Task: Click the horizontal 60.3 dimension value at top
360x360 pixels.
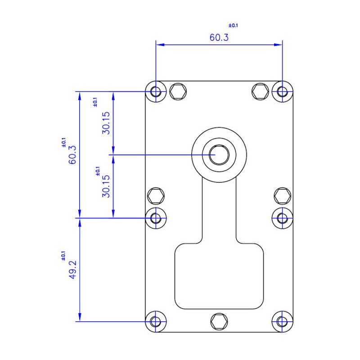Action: click(x=219, y=37)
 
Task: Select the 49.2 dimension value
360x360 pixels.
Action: click(x=73, y=270)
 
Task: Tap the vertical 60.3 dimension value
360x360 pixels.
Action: click(x=72, y=154)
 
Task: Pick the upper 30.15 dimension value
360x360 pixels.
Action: click(x=106, y=123)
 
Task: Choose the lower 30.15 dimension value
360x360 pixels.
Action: click(x=106, y=186)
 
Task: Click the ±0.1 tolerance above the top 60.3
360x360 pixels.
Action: click(x=233, y=25)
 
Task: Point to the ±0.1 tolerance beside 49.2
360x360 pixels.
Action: click(x=63, y=256)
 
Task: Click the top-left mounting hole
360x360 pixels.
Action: click(x=156, y=92)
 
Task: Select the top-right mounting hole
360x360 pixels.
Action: click(x=283, y=92)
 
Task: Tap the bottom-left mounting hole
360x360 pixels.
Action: click(x=156, y=321)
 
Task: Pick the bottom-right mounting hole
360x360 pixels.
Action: click(x=283, y=321)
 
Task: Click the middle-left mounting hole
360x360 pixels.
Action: click(x=156, y=218)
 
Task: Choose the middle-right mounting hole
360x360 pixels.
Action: click(x=283, y=218)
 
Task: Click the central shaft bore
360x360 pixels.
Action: click(x=219, y=155)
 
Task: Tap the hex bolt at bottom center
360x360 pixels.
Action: click(x=219, y=321)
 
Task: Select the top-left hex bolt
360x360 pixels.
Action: click(x=178, y=92)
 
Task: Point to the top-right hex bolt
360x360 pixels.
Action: click(x=260, y=92)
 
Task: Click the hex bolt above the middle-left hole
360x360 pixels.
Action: click(x=156, y=196)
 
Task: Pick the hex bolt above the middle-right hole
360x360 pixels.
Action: click(x=283, y=196)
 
